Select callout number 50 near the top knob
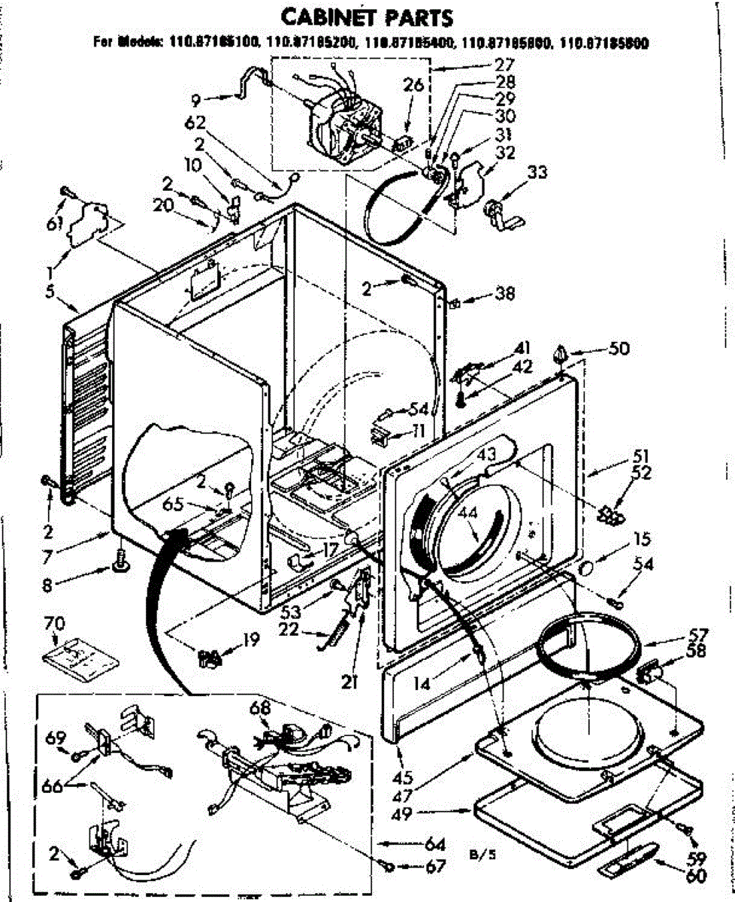pos(620,350)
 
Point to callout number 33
pos(537,173)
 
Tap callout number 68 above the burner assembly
pos(259,707)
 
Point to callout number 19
pos(250,640)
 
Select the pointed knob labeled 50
pos(560,352)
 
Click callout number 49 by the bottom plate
pos(424,813)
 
